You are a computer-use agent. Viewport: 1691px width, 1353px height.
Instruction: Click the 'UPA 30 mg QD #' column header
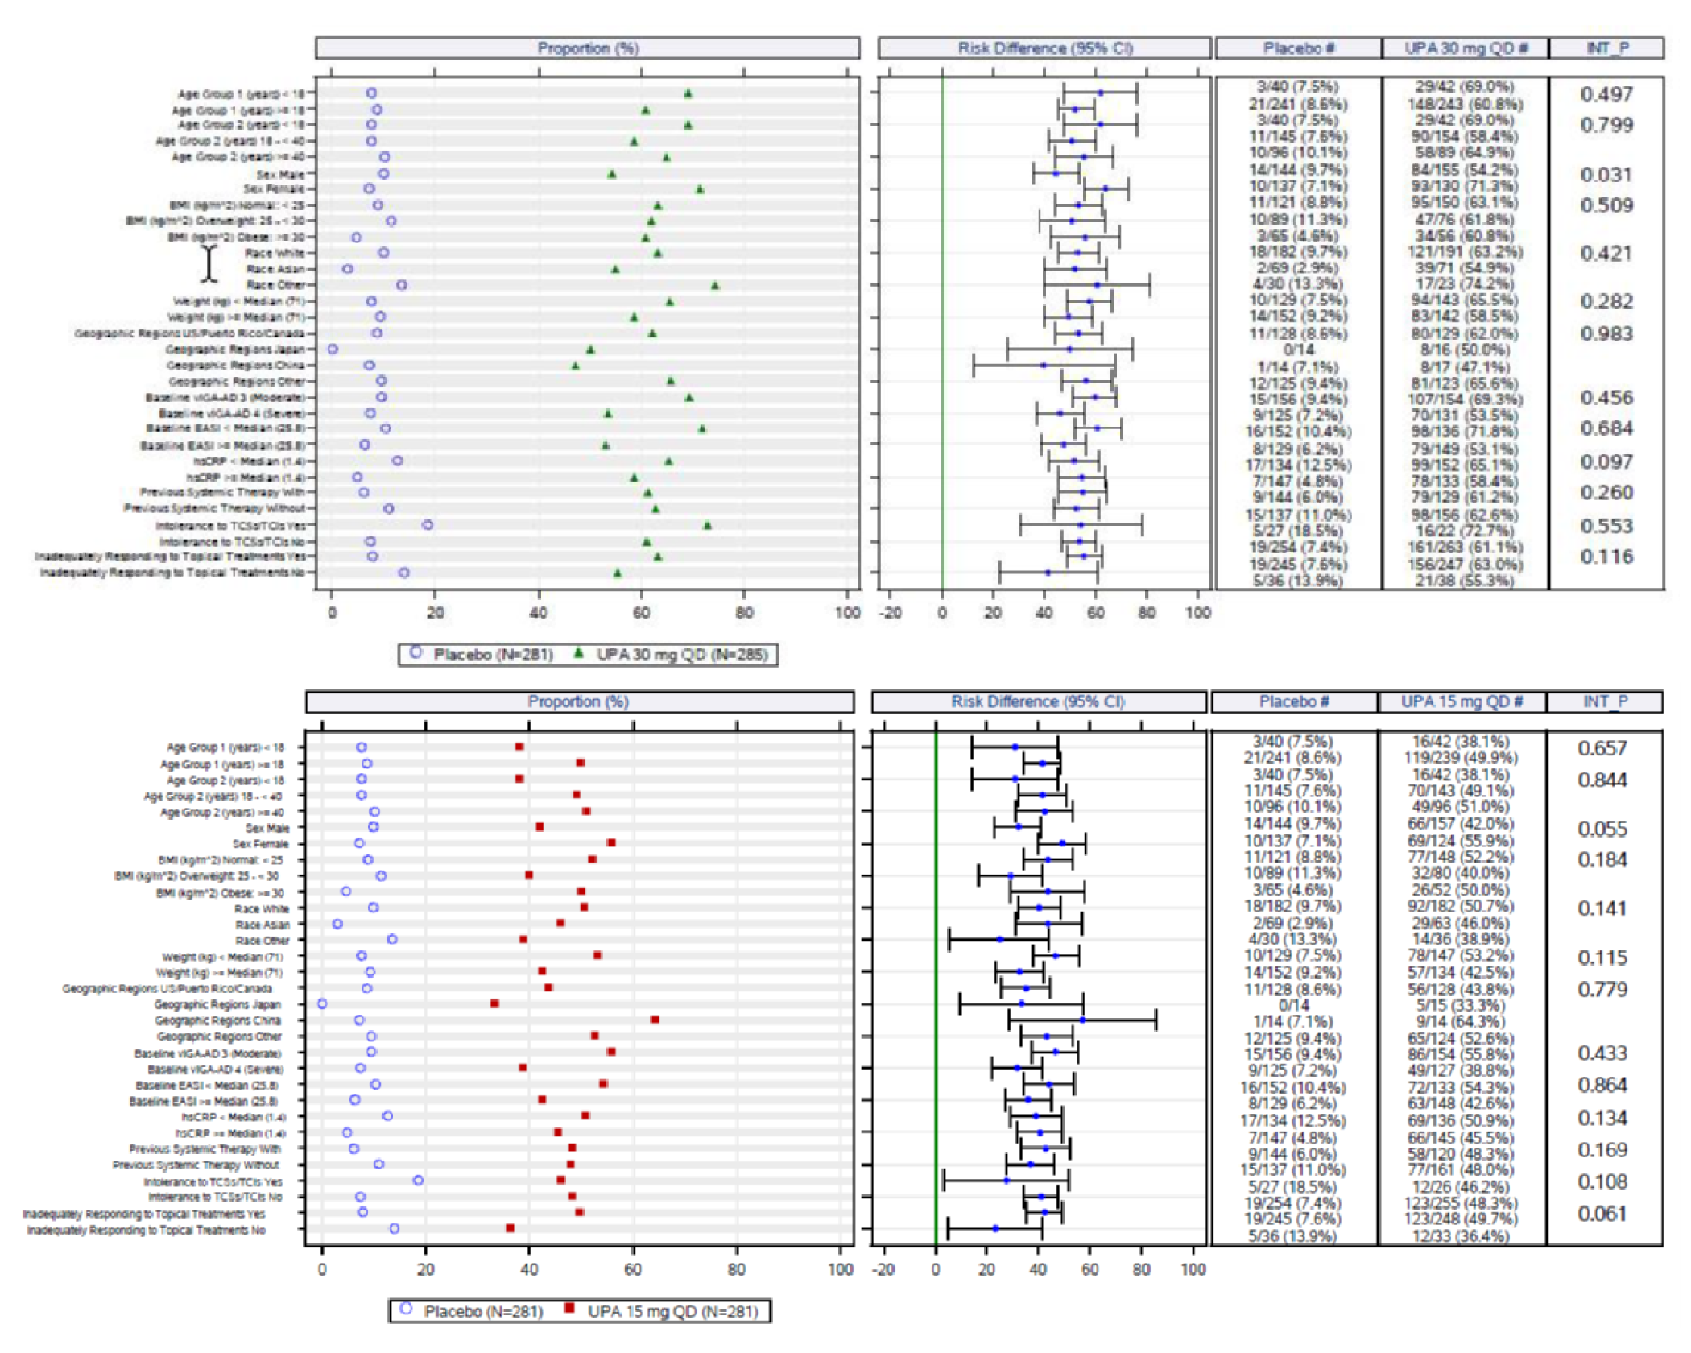[1466, 48]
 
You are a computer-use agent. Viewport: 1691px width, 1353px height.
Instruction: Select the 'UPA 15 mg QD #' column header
[1461, 701]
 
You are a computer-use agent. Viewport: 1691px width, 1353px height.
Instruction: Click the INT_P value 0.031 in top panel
[1606, 175]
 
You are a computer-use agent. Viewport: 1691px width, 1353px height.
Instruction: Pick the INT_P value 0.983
[1606, 333]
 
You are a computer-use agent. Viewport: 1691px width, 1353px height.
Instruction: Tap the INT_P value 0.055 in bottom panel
[1602, 829]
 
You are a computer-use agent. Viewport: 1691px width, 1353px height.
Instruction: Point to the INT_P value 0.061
[1602, 1214]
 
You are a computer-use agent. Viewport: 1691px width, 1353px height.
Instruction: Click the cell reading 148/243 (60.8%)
[1465, 104]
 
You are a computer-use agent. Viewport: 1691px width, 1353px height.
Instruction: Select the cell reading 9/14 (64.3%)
[1460, 1021]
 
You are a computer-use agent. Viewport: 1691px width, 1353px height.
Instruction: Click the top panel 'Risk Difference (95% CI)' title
[1044, 48]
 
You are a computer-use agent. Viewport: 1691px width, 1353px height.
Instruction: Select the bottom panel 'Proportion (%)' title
[578, 701]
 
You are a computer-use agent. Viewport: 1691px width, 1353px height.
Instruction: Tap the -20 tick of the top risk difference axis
[891, 612]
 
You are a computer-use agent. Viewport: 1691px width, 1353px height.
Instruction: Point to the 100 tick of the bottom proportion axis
[840, 1269]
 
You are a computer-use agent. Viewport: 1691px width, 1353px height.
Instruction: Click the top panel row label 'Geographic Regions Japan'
[235, 350]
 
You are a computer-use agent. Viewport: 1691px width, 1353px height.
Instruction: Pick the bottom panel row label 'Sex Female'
[260, 844]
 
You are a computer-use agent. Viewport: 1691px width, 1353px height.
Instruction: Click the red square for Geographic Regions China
[655, 1020]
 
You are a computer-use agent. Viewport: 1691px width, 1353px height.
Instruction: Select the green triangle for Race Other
[715, 285]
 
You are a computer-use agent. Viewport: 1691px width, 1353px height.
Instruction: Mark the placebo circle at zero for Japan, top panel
[333, 350]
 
